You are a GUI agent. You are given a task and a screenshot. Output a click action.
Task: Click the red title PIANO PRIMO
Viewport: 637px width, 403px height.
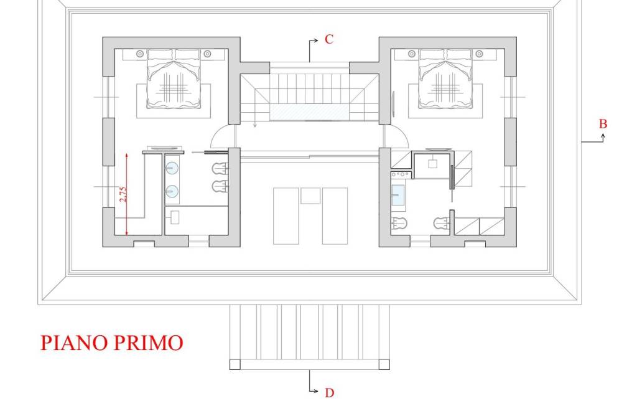coord(112,343)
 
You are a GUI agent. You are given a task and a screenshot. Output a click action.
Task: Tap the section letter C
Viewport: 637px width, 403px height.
coord(329,39)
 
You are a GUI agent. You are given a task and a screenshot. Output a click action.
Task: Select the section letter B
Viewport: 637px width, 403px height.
coord(603,124)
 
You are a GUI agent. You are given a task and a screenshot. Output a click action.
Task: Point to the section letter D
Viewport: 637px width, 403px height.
coord(330,393)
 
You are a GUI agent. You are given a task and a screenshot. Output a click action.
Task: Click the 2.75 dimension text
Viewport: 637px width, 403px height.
coord(123,194)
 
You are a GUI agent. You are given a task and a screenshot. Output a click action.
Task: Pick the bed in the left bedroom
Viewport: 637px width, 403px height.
coord(174,79)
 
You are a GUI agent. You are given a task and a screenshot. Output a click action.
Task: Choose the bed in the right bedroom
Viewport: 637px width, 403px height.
coord(445,79)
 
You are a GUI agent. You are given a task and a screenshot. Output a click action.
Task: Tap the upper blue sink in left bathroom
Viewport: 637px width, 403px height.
coord(172,168)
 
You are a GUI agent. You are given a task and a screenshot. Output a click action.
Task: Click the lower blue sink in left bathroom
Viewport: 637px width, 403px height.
coord(172,191)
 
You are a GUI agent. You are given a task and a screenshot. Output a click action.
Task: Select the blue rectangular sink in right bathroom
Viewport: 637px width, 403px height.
coord(398,195)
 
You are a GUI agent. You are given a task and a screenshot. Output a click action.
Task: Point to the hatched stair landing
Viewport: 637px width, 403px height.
coord(310,112)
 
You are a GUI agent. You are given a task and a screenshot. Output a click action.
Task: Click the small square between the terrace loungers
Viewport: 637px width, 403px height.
coord(310,196)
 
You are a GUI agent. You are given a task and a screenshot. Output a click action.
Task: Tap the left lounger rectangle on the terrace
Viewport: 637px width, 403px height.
coord(286,216)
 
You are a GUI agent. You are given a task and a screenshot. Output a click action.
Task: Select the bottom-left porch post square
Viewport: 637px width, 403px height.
coord(235,364)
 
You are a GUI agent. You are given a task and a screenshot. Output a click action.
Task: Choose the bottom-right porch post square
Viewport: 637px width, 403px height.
coord(384,364)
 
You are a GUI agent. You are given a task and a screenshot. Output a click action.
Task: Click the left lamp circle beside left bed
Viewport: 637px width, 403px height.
coord(140,54)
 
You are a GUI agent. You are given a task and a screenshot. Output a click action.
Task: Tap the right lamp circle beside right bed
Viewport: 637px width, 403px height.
coord(479,54)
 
